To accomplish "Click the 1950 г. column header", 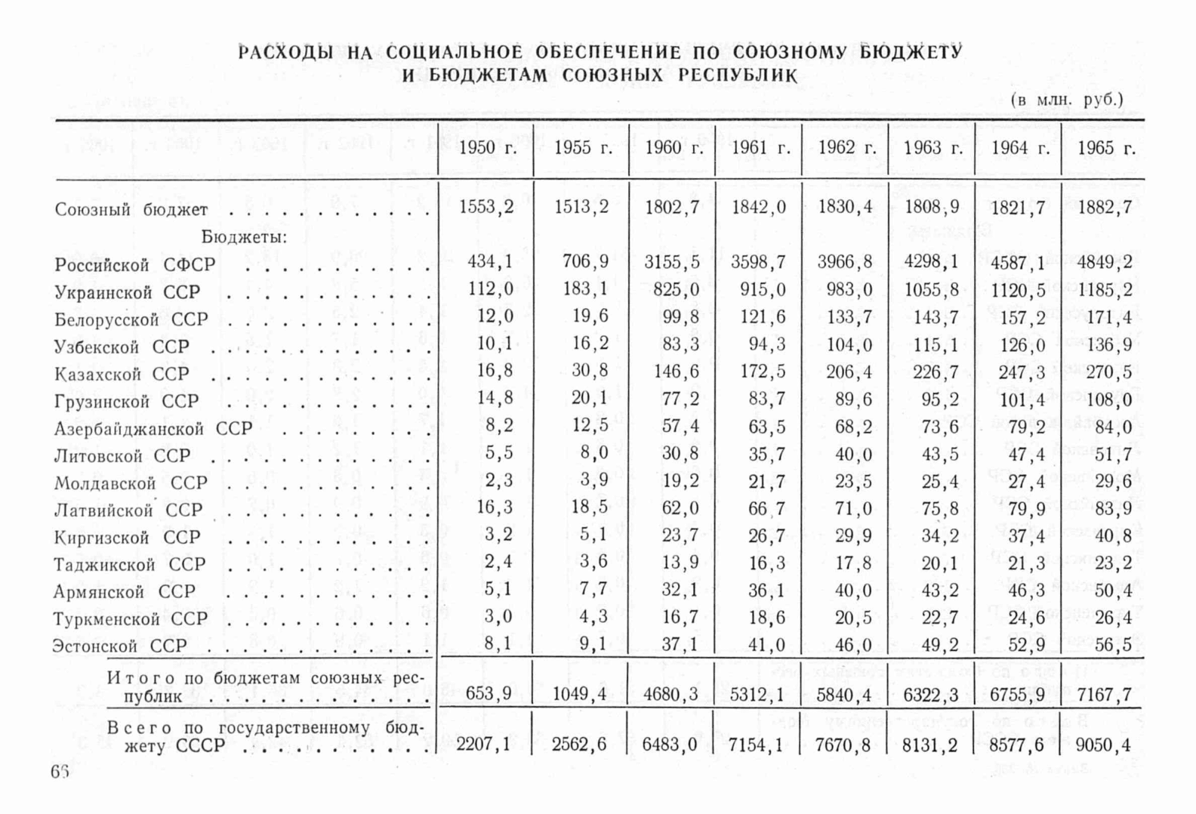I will (487, 148).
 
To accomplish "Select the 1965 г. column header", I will (1106, 148).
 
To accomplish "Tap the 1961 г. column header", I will (760, 148).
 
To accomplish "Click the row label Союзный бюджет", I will (131, 210).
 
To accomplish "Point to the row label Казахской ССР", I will (122, 375).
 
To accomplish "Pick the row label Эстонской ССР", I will (119, 646).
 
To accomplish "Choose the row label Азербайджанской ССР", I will (153, 429).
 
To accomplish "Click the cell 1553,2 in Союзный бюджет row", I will (486, 207).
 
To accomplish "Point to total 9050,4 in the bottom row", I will (1104, 745).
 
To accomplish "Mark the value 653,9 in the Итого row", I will (491, 694).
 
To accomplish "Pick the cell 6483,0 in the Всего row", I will (670, 745).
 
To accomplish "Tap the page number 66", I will (60, 772).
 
